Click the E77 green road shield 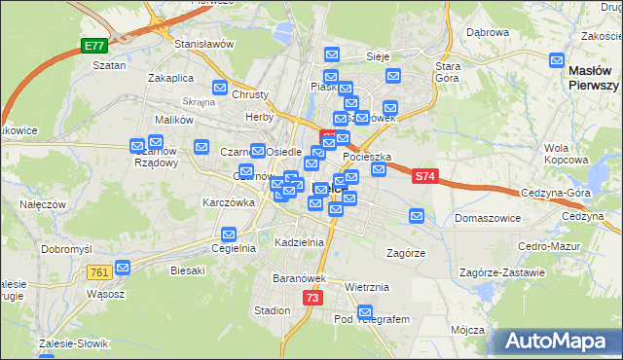tap(93, 46)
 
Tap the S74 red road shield tap(424, 176)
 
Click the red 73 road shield tap(311, 298)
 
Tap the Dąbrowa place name tap(488, 32)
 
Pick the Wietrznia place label tap(367, 287)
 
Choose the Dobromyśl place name tap(66, 249)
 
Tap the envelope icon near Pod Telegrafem tap(365, 312)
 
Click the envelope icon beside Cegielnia tap(229, 234)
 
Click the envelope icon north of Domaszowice tap(417, 216)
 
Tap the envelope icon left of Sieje tap(332, 55)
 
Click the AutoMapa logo tap(557, 342)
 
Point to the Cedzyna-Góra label tap(556, 193)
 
